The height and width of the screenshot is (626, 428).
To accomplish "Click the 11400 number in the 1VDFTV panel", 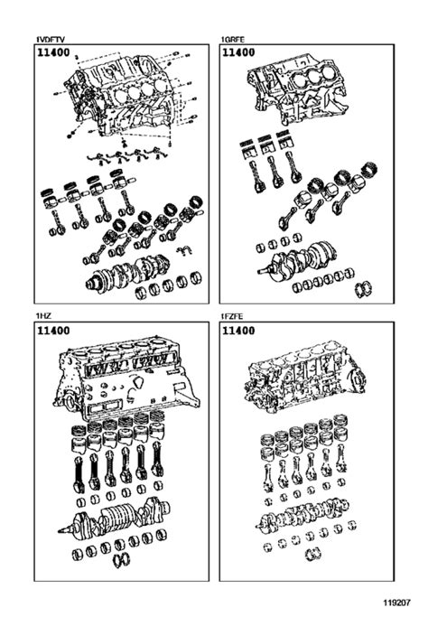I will [54, 56].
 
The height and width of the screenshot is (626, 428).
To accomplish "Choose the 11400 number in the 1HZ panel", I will [54, 332].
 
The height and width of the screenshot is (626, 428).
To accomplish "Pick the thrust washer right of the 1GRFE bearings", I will [367, 289].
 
